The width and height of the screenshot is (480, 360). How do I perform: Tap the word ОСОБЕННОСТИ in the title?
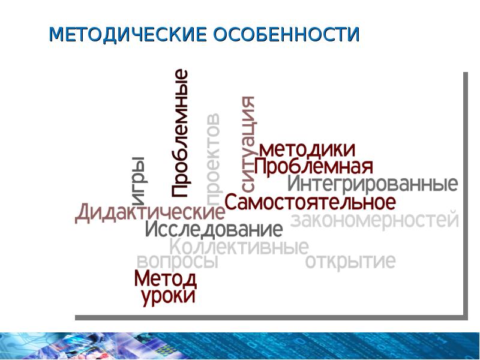286,34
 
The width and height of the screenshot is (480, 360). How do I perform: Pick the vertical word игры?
137,176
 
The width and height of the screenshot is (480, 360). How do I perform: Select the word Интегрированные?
372,183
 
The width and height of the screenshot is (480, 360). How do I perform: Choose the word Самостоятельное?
310,202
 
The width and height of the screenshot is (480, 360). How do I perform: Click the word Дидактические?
149,213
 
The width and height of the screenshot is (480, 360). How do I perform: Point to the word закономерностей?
374,220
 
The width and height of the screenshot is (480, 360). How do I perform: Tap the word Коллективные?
239,247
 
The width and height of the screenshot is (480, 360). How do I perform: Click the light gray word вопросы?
177,262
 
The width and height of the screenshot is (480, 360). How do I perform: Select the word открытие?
350,262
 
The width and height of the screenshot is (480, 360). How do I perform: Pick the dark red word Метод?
165,279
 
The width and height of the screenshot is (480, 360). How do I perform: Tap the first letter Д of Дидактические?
83,213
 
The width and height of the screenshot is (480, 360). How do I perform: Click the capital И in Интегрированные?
294,183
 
